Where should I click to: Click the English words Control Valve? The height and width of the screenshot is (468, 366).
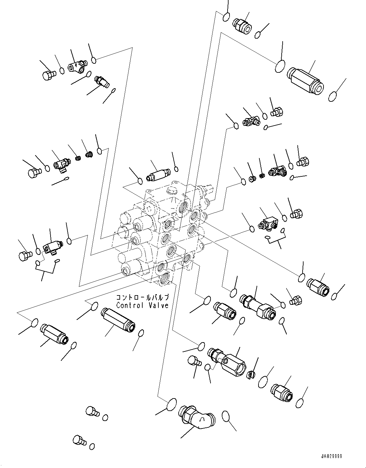click(x=142, y=305)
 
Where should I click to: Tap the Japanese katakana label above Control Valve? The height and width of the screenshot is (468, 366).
click(x=142, y=297)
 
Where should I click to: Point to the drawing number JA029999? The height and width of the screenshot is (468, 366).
click(x=331, y=456)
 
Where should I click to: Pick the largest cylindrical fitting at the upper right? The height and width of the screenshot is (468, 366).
click(x=305, y=80)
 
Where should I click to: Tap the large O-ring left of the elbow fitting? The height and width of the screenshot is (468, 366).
click(x=172, y=404)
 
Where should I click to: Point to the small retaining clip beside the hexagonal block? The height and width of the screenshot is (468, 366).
click(x=251, y=375)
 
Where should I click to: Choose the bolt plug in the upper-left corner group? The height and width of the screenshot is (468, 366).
click(x=48, y=75)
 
